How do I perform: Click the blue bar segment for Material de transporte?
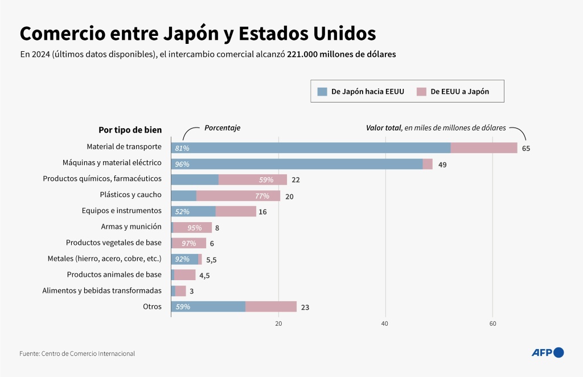point(310,148)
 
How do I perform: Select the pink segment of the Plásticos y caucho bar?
point(238,196)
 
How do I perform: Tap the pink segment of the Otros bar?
point(270,307)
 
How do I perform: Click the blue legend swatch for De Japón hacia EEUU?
point(322,91)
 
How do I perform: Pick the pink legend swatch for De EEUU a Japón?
point(421,91)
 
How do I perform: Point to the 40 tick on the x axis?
point(385,323)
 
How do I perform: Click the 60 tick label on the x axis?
point(492,323)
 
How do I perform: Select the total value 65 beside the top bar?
point(526,148)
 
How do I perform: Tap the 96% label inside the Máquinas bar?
point(182,164)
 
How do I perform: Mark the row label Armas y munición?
point(131,227)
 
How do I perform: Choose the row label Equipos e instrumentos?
point(122,211)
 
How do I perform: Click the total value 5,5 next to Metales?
point(211,260)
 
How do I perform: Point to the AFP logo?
point(547,353)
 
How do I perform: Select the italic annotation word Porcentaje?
point(222,128)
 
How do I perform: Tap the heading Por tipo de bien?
point(130,130)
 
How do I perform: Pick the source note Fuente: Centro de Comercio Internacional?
point(77,354)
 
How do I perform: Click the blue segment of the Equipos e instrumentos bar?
point(194,211)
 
